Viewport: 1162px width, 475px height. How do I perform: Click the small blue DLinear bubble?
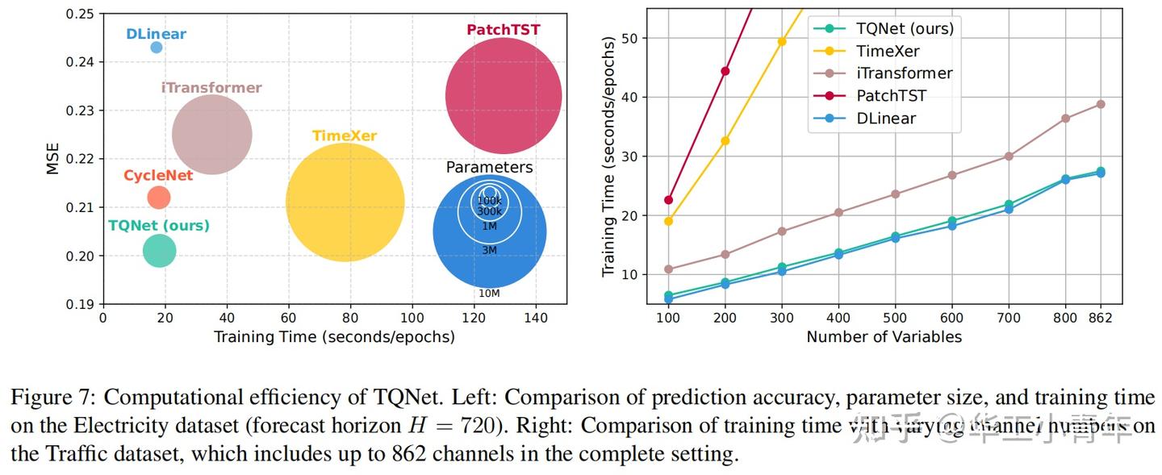point(157,48)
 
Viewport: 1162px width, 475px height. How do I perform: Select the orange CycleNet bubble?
point(159,197)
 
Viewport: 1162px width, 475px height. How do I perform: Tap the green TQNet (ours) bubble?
point(159,251)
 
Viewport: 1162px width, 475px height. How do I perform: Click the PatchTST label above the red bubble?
point(504,30)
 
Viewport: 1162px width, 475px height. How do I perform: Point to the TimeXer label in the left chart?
point(345,135)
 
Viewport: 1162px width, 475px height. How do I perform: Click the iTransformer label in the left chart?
point(211,88)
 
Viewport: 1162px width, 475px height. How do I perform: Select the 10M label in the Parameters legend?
point(489,293)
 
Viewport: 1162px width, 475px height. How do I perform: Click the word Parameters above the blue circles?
point(489,168)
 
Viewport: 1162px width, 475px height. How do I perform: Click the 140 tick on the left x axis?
point(537,318)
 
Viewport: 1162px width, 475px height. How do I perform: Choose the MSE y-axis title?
point(52,159)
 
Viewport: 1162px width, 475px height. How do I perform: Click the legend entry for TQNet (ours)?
point(904,28)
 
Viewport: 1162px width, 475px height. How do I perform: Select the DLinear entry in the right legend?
point(885,119)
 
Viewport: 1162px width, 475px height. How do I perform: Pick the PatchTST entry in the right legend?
point(891,96)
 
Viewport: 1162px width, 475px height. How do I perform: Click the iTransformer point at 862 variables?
point(1100,104)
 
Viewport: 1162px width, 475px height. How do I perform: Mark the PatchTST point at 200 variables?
point(725,71)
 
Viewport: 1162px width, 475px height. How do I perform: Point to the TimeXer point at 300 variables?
point(781,41)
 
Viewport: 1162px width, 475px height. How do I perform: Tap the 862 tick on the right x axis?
point(1099,318)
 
